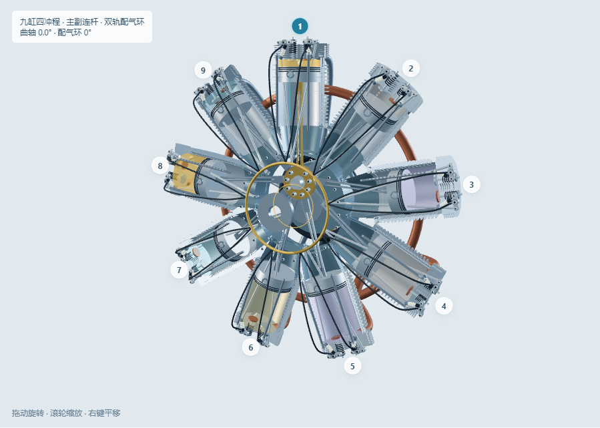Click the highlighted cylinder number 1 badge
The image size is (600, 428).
click(300, 27)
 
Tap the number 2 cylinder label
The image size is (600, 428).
click(411, 69)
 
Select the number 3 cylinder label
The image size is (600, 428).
click(471, 184)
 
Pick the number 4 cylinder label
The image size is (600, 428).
click(444, 306)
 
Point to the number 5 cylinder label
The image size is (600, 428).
click(352, 367)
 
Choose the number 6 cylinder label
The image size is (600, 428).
click(251, 348)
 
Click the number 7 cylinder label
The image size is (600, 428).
click(179, 270)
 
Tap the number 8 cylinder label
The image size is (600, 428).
click(160, 166)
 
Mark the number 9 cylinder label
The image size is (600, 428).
click(203, 70)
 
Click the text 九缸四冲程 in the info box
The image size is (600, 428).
click(40, 22)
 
